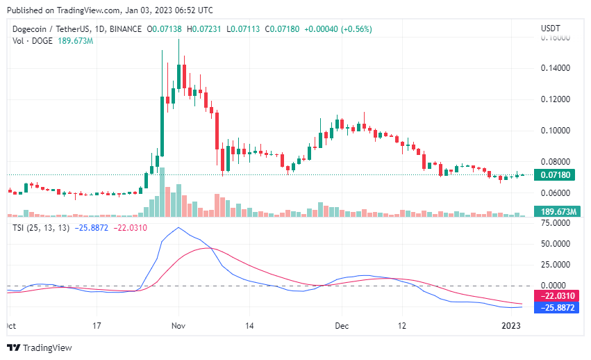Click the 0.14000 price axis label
tap(555, 68)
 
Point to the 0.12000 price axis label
tap(555, 99)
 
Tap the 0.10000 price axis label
tap(555, 131)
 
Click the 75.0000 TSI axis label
tap(555, 223)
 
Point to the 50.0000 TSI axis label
tap(555, 244)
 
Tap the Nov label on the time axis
tap(178, 325)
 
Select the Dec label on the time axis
tap(341, 325)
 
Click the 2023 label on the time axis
tap(510, 325)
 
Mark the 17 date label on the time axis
tap(97, 325)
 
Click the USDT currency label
tap(551, 28)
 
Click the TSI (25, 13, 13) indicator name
tap(40, 228)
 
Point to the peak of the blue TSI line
tap(178, 228)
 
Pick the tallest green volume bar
tap(162, 193)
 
